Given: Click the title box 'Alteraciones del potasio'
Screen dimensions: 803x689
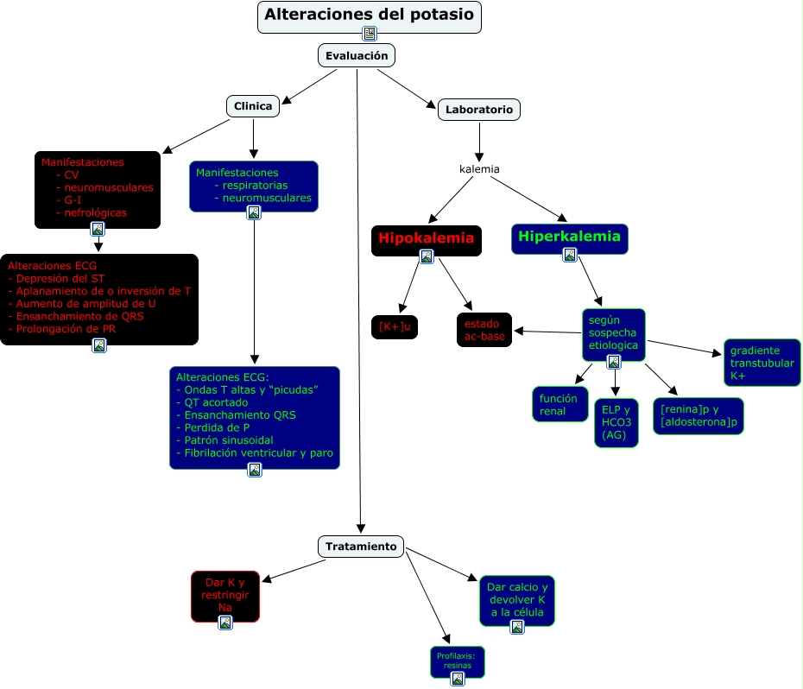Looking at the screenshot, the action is click(370, 17).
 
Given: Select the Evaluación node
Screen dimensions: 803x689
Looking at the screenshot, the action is click(357, 55).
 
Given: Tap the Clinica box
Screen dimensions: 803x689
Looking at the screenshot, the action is click(253, 106).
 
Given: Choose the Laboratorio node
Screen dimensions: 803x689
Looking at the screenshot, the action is click(479, 110).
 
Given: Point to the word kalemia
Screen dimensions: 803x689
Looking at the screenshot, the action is click(479, 169).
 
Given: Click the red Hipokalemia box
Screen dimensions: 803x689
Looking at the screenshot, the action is click(427, 240).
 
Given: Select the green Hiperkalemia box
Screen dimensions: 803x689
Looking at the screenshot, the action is click(570, 238).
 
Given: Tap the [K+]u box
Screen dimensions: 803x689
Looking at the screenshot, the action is click(395, 327).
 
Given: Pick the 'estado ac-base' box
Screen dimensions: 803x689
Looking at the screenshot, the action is click(484, 330).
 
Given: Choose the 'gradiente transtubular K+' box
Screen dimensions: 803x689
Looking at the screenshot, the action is click(762, 363).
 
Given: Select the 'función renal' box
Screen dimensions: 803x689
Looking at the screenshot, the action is click(560, 404).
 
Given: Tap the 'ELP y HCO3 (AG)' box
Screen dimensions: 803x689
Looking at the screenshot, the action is click(616, 422).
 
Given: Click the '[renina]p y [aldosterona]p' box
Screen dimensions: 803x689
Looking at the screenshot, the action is click(699, 416).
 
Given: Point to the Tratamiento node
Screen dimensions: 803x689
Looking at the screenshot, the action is click(361, 547).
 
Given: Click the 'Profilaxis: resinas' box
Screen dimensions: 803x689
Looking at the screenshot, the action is click(458, 662).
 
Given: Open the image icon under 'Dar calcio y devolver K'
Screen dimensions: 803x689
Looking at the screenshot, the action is click(517, 627).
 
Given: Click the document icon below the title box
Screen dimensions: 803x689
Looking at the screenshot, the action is click(370, 34).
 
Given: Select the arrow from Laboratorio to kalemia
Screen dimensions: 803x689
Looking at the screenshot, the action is click(479, 142).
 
